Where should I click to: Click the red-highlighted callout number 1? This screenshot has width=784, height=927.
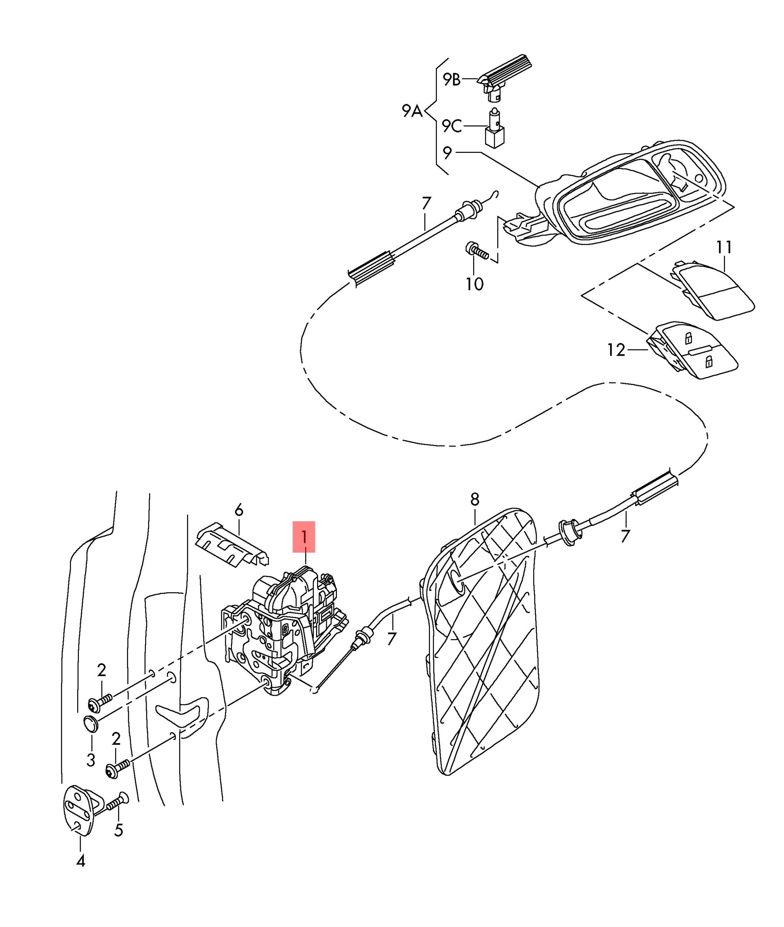click(304, 537)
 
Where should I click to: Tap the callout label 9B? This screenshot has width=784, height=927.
click(452, 80)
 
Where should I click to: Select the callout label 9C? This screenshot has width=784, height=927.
click(452, 126)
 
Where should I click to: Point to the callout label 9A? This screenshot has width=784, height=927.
click(412, 111)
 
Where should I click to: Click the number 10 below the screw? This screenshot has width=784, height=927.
click(474, 284)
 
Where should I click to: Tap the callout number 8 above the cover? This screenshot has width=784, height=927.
click(475, 499)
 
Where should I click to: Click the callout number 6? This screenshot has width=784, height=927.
click(239, 510)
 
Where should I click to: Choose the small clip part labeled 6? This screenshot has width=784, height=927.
click(232, 546)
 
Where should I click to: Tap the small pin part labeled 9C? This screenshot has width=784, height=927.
click(495, 130)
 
